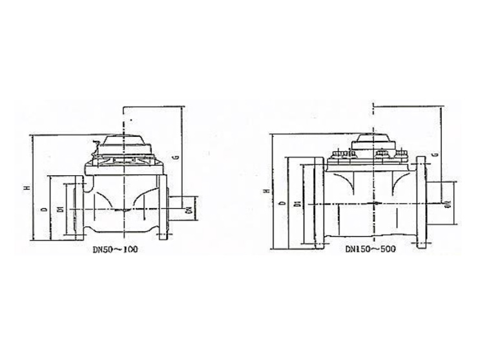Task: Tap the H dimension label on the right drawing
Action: [266, 191]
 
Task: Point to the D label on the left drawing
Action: [43, 210]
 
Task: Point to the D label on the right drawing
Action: [282, 204]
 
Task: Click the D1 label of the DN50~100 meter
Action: [59, 209]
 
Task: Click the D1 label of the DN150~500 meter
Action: [296, 203]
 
